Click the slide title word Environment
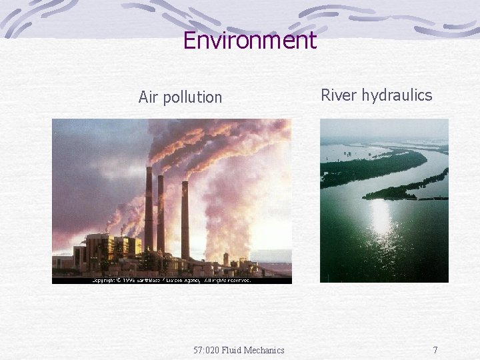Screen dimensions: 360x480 point(249,41)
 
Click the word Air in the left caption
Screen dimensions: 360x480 point(149,97)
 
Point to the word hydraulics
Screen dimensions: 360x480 point(397,95)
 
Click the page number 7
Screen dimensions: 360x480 point(435,350)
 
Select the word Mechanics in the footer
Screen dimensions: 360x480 point(265,350)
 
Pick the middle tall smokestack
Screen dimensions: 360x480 point(161,213)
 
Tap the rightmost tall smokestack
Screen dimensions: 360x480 point(185,220)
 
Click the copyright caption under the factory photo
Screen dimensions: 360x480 point(171,280)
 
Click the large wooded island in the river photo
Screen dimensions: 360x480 point(373,167)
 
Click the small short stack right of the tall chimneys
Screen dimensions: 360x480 point(226,259)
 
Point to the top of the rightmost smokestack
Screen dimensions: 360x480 point(185,183)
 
